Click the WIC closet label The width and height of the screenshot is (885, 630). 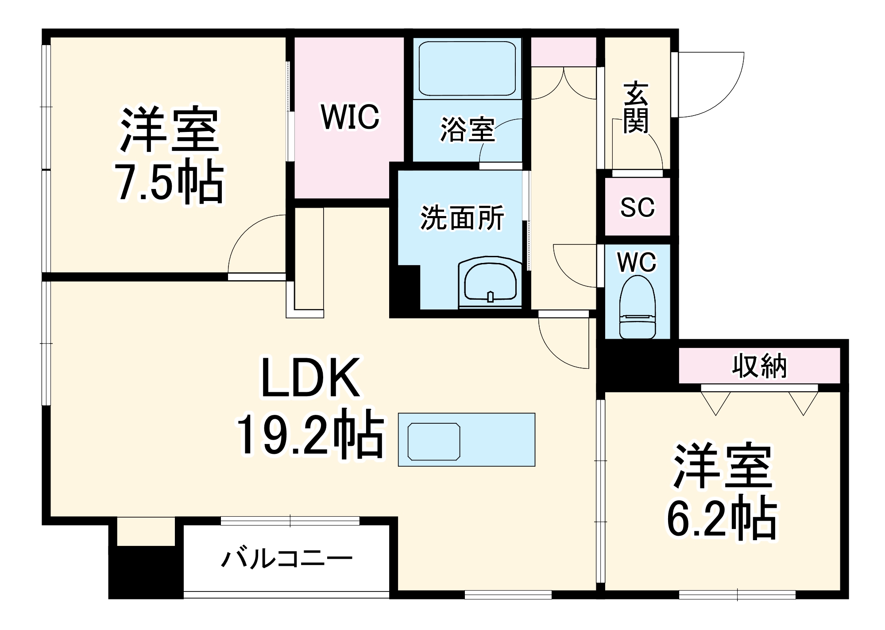coord(350,117)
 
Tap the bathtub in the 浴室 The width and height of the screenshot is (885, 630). coord(467,69)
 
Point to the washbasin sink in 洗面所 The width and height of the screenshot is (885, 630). coord(490,283)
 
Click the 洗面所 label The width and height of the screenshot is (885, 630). coord(462,218)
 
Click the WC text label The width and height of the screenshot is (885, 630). coord(637,263)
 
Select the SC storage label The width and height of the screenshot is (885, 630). coord(637,207)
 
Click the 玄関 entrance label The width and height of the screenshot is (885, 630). coord(636,107)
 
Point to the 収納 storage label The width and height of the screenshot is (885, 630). coord(759,366)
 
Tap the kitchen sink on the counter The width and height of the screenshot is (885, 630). coord(434,441)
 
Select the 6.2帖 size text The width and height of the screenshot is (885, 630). coord(722,518)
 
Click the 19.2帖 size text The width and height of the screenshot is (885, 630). coord(310,436)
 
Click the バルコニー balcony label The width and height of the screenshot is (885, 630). coord(287,559)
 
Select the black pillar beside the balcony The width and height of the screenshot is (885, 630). coord(146,572)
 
